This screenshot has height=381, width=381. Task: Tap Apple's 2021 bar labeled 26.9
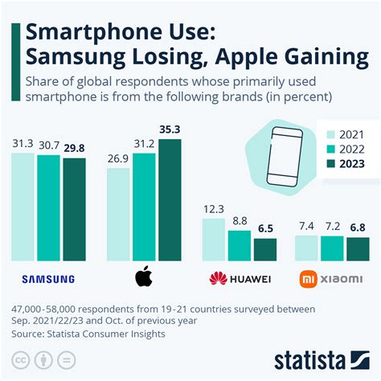pyautogui.click(x=117, y=215)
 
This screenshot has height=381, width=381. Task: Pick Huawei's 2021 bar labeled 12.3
pyautogui.click(x=214, y=240)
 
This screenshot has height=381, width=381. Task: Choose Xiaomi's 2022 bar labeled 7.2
pyautogui.click(x=331, y=248)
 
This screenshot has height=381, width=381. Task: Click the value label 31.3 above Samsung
pyautogui.click(x=23, y=143)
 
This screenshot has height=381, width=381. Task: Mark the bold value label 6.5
pyautogui.click(x=264, y=229)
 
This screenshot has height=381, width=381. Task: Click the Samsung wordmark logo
pyautogui.click(x=48, y=280)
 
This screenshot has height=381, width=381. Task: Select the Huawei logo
pyautogui.click(x=239, y=279)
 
